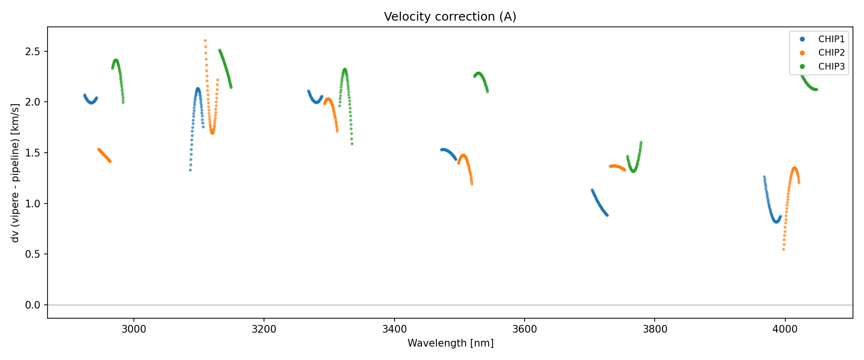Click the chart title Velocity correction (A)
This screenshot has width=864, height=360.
[450, 17]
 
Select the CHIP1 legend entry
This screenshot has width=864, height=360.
[831, 39]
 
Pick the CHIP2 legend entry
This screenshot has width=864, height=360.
[831, 53]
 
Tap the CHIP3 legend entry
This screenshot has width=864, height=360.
[831, 67]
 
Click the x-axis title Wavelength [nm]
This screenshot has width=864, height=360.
[450, 343]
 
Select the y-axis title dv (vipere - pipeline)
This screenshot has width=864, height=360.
[15, 172]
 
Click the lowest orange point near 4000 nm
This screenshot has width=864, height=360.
[783, 250]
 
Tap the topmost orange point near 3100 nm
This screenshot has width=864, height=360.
[205, 41]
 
